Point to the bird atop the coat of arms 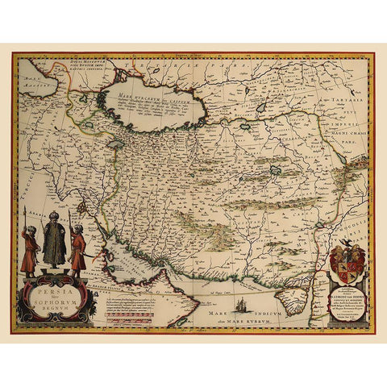click(x=346, y=243)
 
